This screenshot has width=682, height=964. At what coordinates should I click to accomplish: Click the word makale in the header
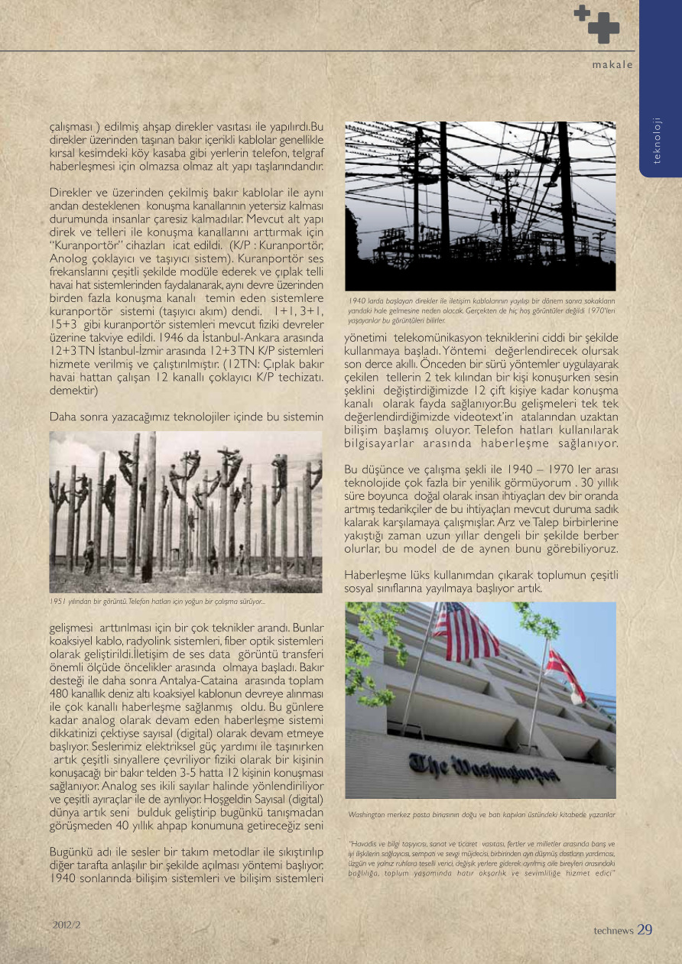click(612, 65)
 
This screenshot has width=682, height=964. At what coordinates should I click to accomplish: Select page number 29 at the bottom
click(645, 930)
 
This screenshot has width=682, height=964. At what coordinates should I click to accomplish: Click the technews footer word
click(613, 931)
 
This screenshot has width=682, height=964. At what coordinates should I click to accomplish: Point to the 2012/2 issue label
click(67, 924)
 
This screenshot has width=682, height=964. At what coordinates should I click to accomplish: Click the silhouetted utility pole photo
click(480, 206)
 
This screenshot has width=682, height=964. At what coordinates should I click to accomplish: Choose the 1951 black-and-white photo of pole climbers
click(186, 512)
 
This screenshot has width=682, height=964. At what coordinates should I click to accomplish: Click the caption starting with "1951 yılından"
click(157, 602)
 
